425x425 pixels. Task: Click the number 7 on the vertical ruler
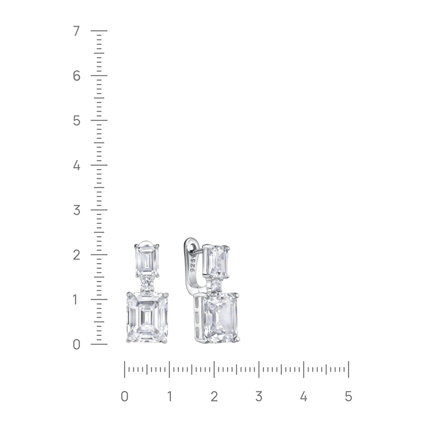point(76,31)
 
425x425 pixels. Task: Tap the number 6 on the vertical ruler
point(76,76)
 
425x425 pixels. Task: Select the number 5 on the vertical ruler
point(76,121)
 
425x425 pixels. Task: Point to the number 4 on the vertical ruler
point(76,165)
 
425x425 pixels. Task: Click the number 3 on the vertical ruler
point(76,210)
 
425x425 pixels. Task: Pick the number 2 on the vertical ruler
point(76,255)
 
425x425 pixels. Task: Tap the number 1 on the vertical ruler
point(75,300)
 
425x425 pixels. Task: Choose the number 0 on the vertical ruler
point(76,345)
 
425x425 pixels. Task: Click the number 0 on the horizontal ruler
point(124,396)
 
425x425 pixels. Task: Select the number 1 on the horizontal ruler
point(169,396)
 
